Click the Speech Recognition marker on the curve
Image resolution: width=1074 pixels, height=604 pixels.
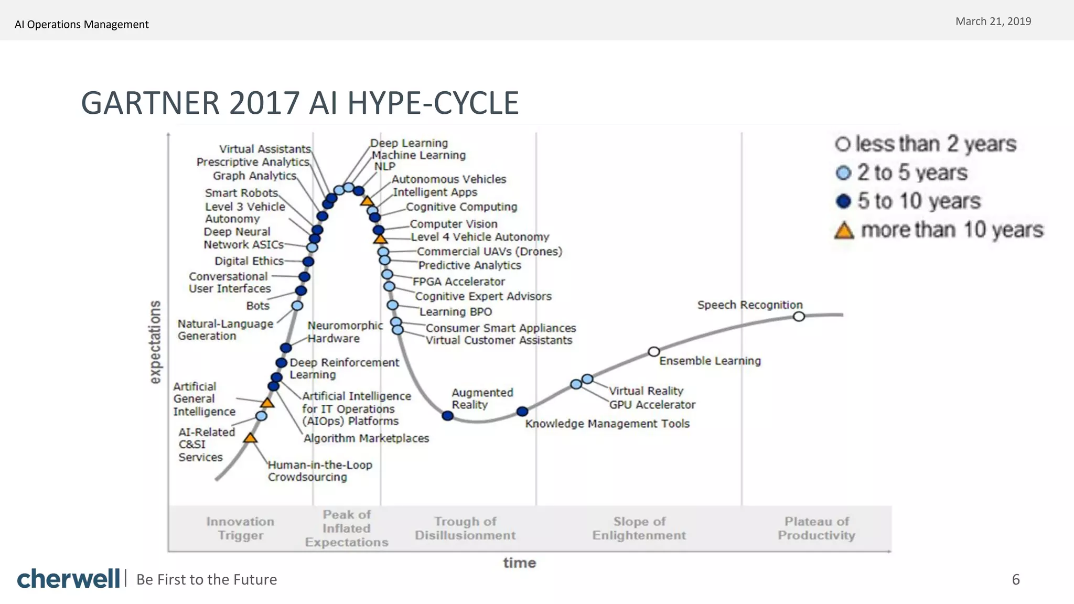point(799,316)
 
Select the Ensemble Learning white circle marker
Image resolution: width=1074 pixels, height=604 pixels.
point(653,351)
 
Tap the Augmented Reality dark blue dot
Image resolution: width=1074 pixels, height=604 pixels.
point(447,416)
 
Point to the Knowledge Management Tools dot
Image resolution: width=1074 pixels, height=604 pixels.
point(522,412)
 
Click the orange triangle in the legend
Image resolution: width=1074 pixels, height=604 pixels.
point(844,230)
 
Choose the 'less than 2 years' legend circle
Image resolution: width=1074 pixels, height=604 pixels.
point(842,144)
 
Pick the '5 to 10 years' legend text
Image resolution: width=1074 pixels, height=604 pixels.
point(919,201)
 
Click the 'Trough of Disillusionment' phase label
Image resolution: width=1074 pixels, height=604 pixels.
point(465,528)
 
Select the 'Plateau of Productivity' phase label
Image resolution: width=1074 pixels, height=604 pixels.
point(816,528)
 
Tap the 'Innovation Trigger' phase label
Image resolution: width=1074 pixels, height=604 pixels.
point(240,528)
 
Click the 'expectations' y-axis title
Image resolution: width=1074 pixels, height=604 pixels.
point(155,342)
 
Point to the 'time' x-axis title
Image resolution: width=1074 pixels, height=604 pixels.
point(519,563)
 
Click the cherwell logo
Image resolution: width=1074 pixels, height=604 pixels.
point(68,579)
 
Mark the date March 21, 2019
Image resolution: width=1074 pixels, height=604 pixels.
point(993,21)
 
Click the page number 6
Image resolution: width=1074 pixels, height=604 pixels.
point(1016,579)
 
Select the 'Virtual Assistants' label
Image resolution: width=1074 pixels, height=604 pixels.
point(265,149)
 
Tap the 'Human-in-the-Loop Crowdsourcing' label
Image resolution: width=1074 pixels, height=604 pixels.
point(320,471)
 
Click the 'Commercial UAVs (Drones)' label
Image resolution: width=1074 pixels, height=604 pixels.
point(489,252)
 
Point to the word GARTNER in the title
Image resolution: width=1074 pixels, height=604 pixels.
point(151,103)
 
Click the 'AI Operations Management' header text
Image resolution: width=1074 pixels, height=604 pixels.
point(82,25)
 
